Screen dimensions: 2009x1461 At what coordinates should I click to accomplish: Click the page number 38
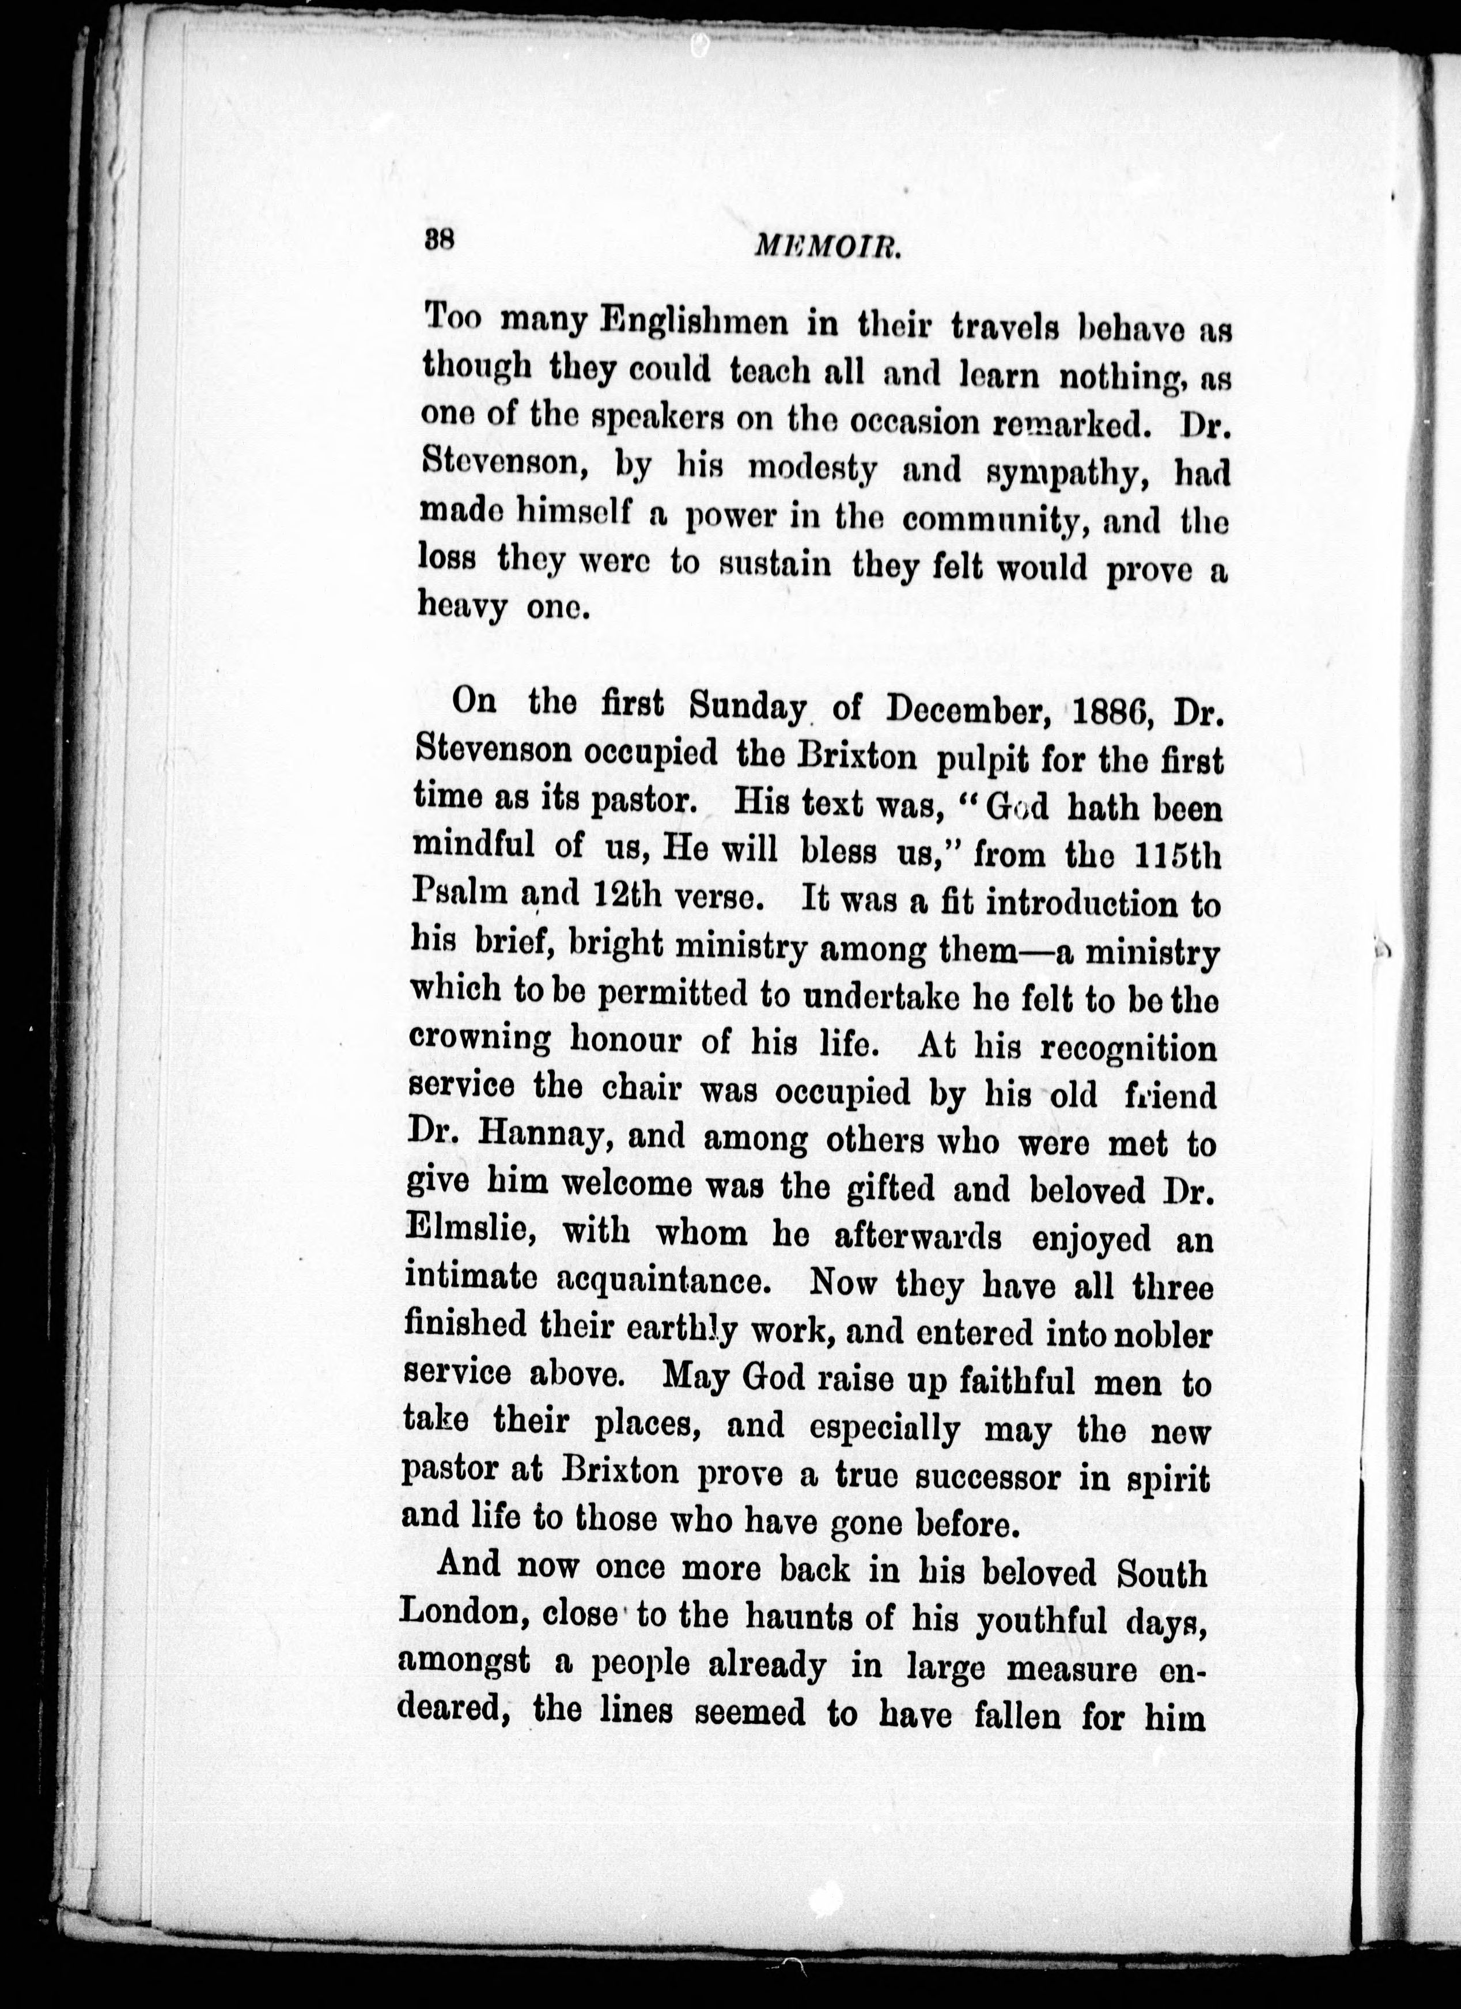pyautogui.click(x=440, y=239)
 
